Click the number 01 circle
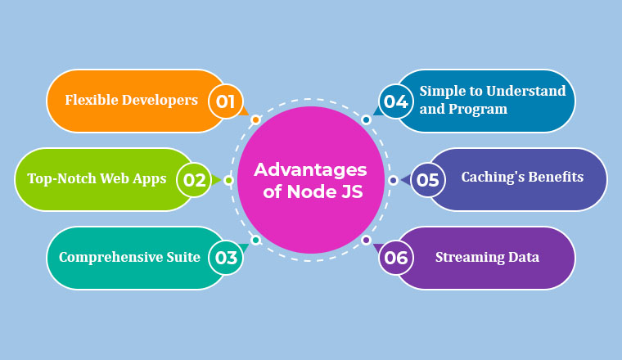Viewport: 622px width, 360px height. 225,101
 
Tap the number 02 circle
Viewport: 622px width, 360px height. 194,180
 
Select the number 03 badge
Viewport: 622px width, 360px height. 225,258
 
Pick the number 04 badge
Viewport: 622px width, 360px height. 396,101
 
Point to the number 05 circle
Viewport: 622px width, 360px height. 427,180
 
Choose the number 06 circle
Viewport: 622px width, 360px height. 396,258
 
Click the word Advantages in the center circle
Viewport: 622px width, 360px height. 311,170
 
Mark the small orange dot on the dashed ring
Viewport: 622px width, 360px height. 256,119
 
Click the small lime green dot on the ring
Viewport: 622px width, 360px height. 228,180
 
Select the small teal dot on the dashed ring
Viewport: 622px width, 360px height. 256,240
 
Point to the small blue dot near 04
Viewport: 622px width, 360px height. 366,119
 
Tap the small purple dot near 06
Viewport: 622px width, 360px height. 366,240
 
